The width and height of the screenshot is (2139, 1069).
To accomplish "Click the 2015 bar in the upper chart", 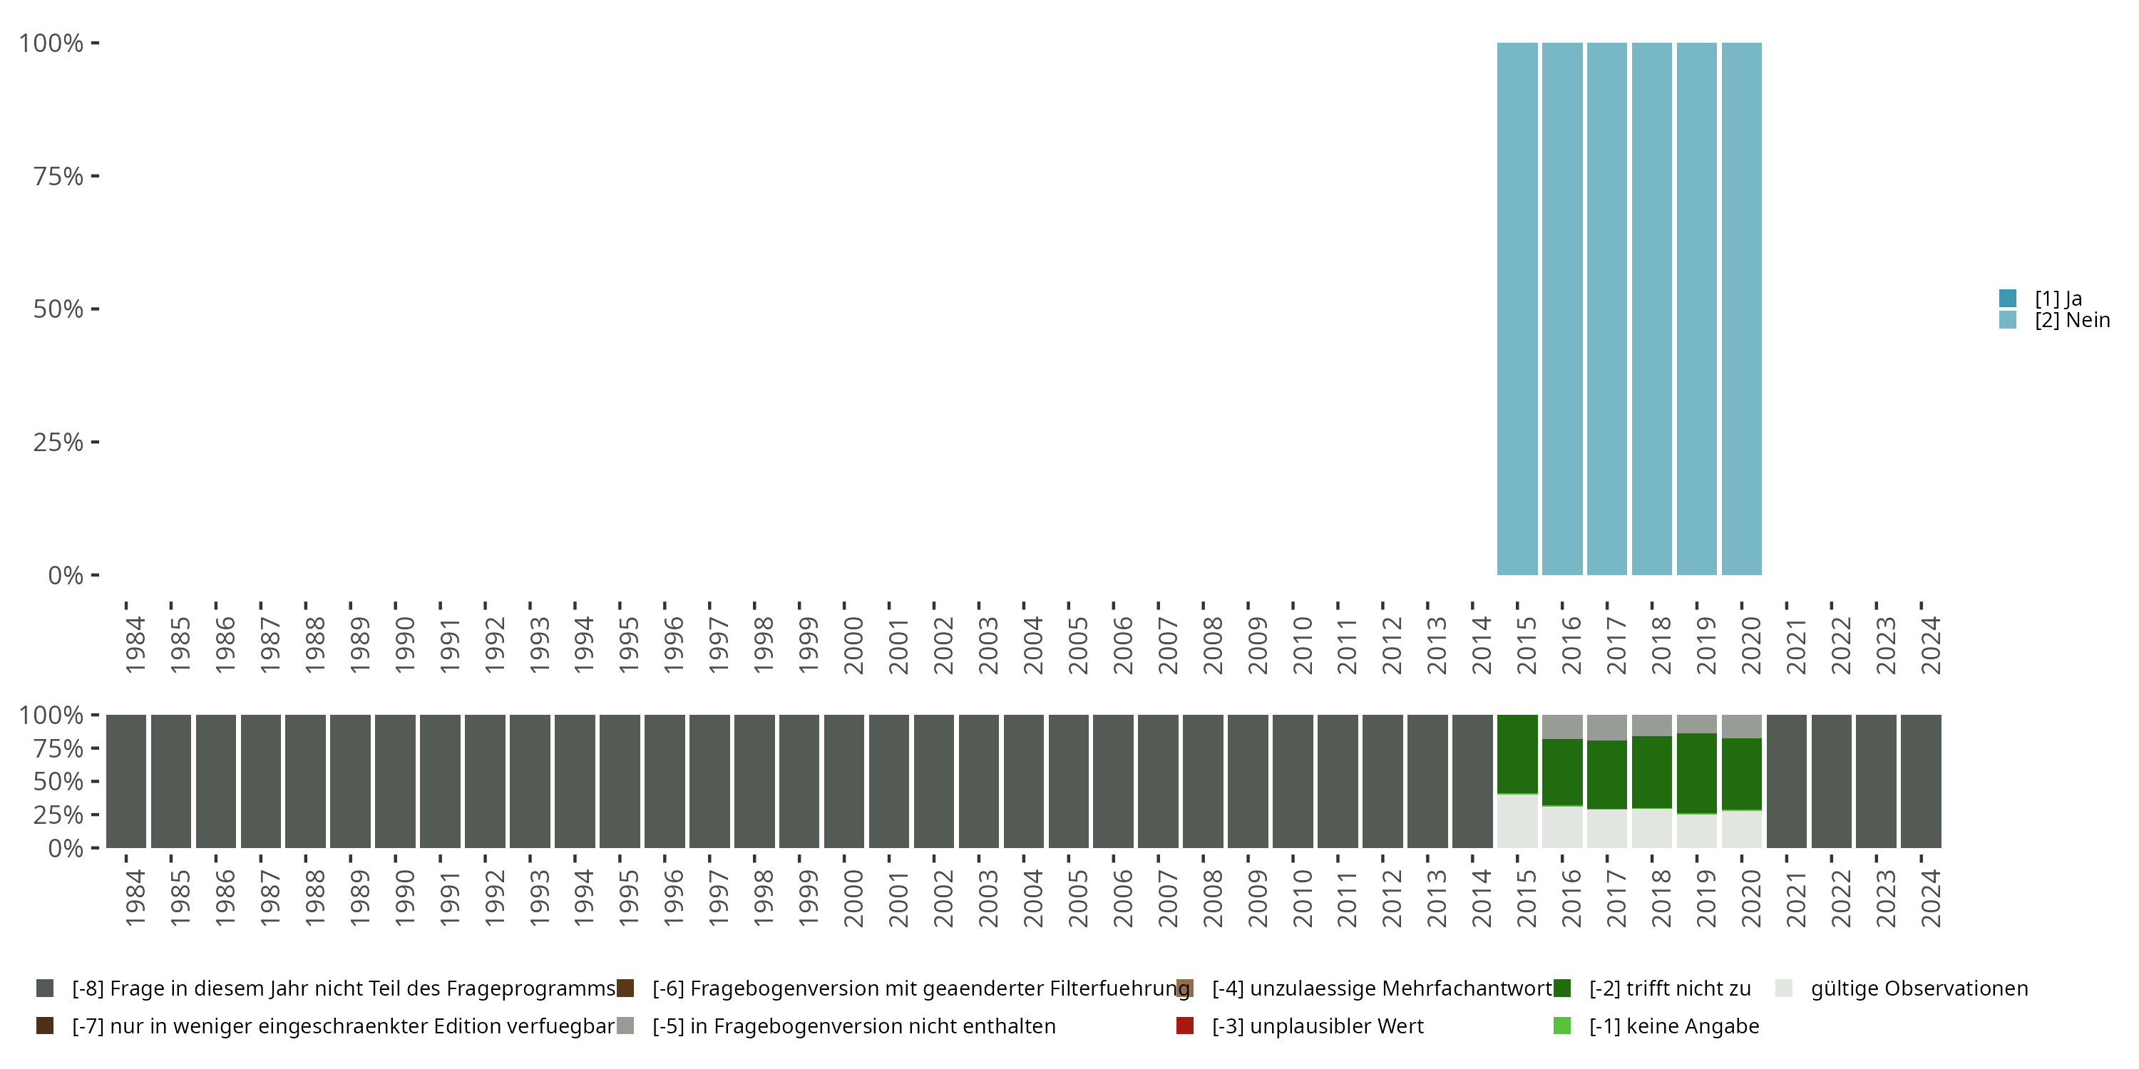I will click(x=1517, y=309).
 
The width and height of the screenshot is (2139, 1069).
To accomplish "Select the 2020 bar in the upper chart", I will click(x=1741, y=309).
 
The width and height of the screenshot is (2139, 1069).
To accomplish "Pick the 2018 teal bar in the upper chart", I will click(x=1651, y=309).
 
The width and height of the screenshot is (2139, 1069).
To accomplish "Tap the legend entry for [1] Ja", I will click(x=2057, y=299).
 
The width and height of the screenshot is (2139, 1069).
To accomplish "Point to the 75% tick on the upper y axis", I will click(x=95, y=176).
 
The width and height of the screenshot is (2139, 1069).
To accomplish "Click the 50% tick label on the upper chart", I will click(x=58, y=309).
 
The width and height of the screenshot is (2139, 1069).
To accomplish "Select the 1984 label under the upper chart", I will click(x=135, y=645).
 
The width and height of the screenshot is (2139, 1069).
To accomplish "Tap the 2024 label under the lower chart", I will click(x=1931, y=898).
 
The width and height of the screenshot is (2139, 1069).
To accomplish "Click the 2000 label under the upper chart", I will click(x=853, y=645).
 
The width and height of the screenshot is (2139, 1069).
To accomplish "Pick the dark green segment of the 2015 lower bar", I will click(x=1517, y=753).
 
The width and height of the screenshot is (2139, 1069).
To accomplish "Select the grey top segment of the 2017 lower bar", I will click(x=1606, y=727).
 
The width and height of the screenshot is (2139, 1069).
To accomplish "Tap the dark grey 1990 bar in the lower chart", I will click(x=395, y=781).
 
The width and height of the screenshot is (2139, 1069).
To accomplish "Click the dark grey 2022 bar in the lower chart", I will click(x=1831, y=781).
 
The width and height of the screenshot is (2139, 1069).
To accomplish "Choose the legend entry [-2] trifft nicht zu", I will click(x=1669, y=988).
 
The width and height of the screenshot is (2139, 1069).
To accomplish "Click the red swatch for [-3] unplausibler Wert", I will click(x=1185, y=1026).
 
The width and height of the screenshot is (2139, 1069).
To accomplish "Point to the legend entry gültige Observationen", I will click(x=1918, y=988).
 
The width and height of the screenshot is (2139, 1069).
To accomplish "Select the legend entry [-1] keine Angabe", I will click(x=1673, y=1026).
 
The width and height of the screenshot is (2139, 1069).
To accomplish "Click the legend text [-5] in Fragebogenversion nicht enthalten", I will click(x=853, y=1026).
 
